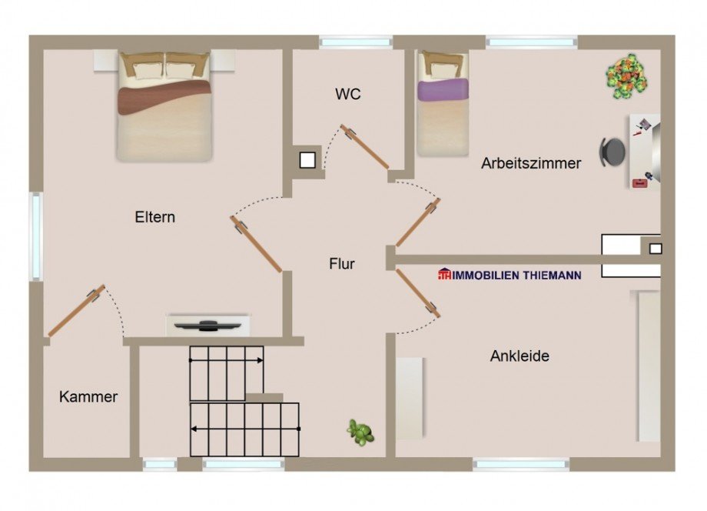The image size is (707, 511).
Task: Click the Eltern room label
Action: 154,217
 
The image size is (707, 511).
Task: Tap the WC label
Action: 347,95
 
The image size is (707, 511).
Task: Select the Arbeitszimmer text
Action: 531,163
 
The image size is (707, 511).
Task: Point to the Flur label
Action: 342,264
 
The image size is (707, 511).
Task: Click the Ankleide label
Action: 519,356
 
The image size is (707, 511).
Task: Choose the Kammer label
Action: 88,397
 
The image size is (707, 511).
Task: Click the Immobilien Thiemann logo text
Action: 510,275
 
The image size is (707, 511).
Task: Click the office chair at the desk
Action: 612,152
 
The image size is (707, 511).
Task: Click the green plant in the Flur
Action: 360,433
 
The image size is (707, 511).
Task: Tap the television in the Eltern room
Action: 208,326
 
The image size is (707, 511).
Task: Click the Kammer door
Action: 77,311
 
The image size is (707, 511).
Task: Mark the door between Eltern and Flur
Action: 257,244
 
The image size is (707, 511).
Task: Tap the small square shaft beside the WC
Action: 307,160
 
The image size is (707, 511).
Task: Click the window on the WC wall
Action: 355,42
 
